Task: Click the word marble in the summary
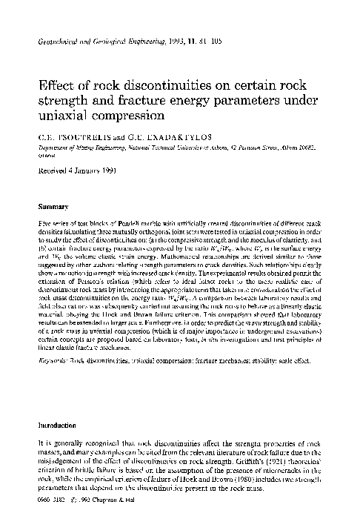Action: (141, 222)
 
